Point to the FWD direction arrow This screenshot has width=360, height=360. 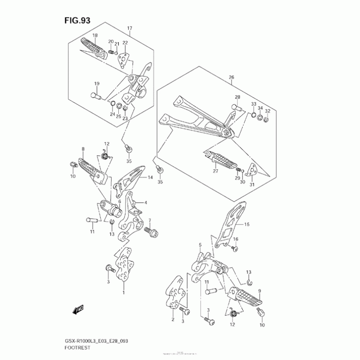[x=78, y=310]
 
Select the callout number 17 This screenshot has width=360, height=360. [x=129, y=29]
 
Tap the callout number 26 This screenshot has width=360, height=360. [x=231, y=77]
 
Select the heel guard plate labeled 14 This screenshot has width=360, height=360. [x=128, y=180]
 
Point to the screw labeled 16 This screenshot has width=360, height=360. [x=234, y=247]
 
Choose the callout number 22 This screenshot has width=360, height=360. [x=125, y=43]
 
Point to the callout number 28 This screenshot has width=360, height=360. [x=237, y=97]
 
